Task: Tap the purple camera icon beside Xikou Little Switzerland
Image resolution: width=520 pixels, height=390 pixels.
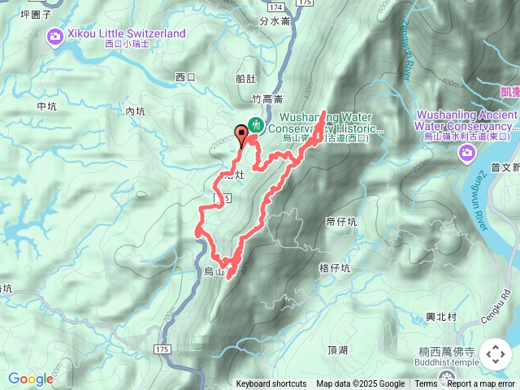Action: click(55, 35)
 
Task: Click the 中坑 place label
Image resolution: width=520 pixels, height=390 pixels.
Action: click(47, 106)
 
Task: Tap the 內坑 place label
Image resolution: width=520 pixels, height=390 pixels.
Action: click(136, 112)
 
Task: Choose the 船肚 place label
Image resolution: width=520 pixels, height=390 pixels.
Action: click(245, 79)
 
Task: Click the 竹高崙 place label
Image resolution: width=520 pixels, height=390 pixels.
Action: click(266, 98)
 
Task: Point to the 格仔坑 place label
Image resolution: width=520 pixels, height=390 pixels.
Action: click(335, 267)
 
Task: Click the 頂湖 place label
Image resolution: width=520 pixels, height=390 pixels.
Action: click(337, 350)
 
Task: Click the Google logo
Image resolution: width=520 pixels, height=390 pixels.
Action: click(31, 379)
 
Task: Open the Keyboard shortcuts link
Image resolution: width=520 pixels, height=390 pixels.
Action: click(271, 384)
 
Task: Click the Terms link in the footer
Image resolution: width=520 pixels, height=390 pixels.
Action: click(426, 384)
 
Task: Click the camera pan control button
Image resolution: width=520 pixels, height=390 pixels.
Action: click(496, 355)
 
